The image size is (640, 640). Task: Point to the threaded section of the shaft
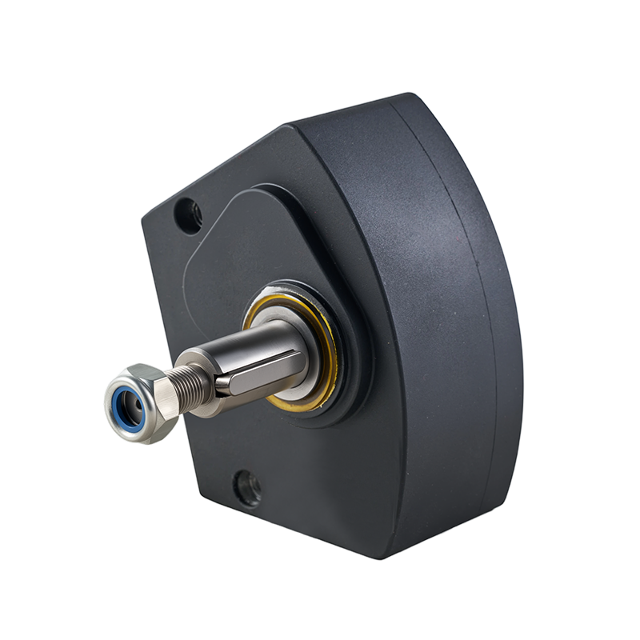click(193, 389)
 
